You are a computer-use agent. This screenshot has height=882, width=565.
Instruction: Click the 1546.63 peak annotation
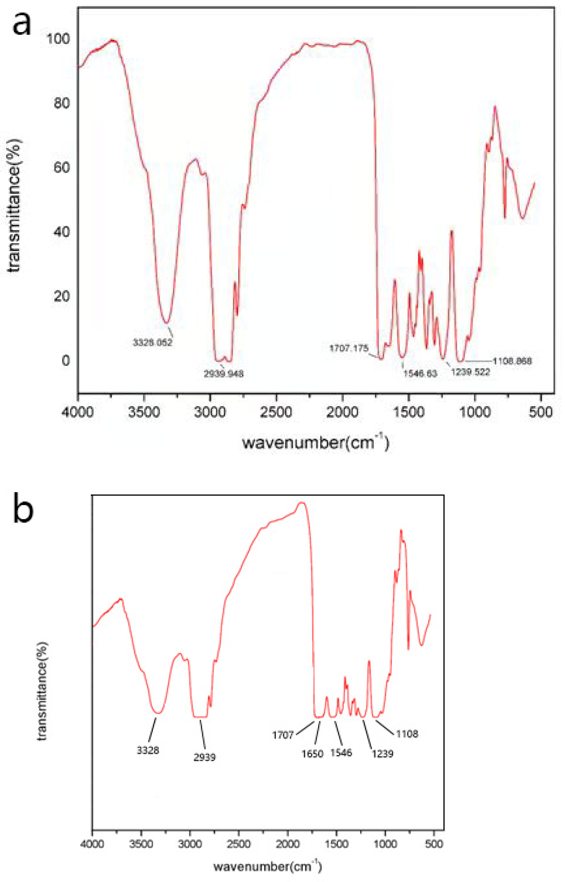coord(420,374)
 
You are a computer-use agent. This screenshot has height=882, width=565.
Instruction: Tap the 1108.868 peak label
coord(512,361)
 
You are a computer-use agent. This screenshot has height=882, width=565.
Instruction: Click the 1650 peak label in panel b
coord(312,754)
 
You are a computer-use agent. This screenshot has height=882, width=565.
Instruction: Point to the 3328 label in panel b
coord(148,750)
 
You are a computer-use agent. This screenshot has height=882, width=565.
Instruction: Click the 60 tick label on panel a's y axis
coord(61,168)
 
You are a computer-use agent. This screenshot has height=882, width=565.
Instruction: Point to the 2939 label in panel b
coord(205,757)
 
